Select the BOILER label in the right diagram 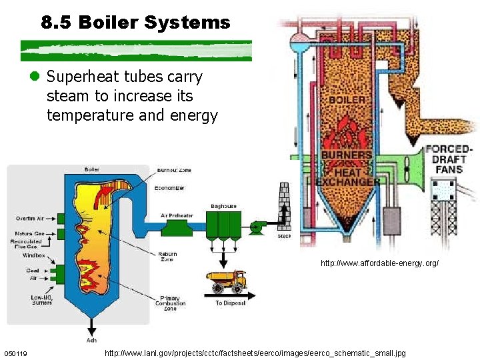click(x=347, y=99)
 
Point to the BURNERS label click(x=347, y=155)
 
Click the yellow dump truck click(x=226, y=281)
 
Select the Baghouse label click(x=223, y=206)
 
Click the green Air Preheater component click(x=177, y=227)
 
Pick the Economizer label click(x=169, y=188)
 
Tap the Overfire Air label click(x=30, y=218)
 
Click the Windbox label click(x=34, y=255)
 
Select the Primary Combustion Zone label click(x=170, y=303)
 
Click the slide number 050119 click(x=15, y=353)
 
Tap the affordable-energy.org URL click(x=379, y=263)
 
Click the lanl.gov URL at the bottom click(x=255, y=352)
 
